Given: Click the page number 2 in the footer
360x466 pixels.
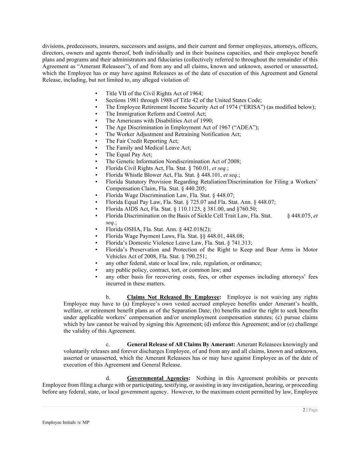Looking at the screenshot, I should (304, 410).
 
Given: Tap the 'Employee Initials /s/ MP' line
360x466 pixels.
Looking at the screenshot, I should (66, 422).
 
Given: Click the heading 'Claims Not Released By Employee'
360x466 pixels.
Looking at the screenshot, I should (173, 297).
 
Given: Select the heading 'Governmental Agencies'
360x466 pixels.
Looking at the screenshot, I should (158, 378).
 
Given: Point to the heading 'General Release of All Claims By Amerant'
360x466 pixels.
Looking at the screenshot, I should (181, 344).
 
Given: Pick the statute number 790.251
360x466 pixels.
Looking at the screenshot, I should (198, 256).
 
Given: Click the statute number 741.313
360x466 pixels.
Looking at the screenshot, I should (243, 243).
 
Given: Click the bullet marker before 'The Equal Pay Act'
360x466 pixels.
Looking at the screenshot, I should (97, 155).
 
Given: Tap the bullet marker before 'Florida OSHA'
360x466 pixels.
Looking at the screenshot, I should (97, 229).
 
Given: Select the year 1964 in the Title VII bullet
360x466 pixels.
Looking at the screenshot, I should (196, 94).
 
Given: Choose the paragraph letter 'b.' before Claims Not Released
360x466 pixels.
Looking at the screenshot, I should (108, 297).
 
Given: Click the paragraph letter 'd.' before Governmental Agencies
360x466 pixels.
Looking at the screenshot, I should (108, 378).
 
